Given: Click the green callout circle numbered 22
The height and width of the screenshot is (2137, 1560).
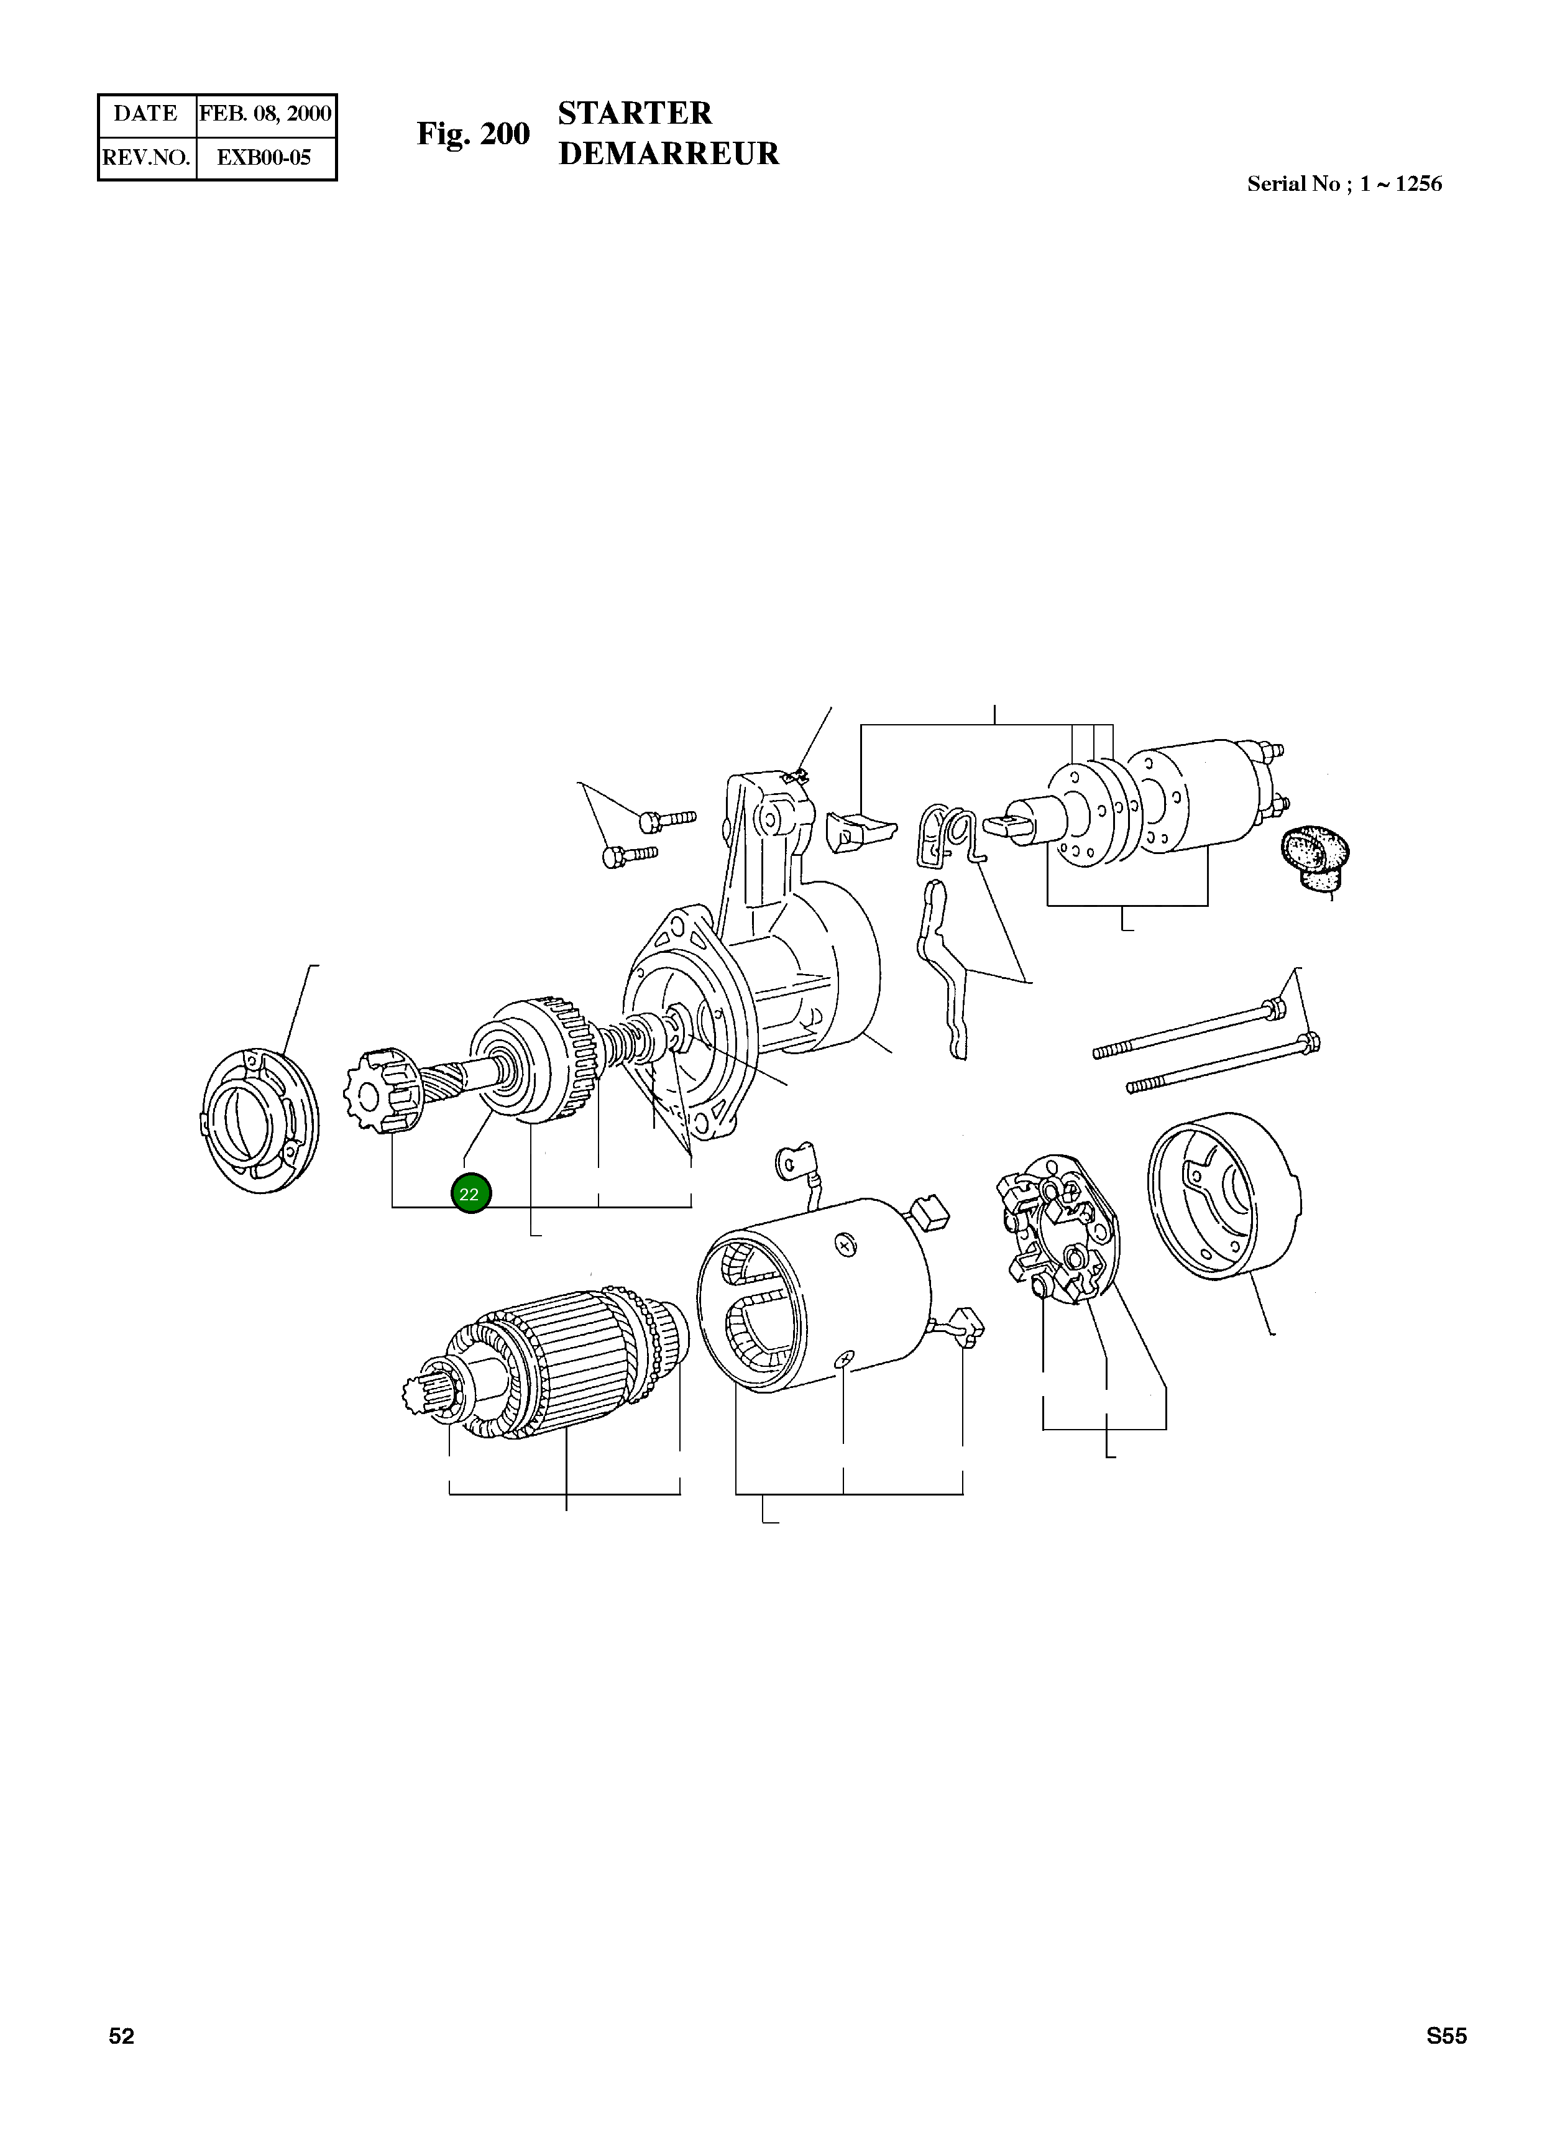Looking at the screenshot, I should [470, 1193].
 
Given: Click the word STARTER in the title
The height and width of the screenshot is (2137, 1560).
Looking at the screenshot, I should [635, 113].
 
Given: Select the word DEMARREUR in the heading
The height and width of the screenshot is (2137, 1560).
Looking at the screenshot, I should [669, 154].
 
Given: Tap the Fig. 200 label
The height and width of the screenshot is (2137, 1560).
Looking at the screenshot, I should [473, 134].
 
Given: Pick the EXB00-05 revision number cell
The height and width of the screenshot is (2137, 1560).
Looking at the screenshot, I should [264, 158].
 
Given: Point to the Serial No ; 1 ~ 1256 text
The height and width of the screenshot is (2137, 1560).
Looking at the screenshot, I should [1344, 184].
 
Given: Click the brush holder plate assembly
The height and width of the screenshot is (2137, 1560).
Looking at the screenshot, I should [1058, 1228].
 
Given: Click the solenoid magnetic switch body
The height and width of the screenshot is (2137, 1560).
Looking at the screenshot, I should [1200, 798].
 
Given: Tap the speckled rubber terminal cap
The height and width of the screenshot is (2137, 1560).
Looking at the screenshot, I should [1315, 857].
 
